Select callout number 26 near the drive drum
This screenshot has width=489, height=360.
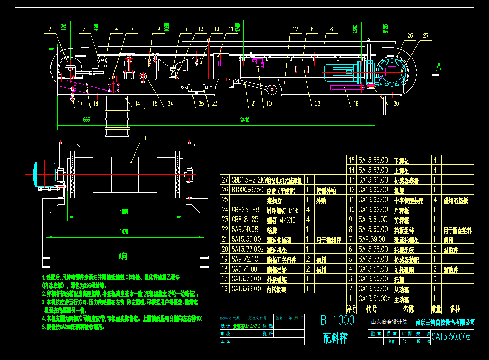pyautogui.click(x=410, y=36)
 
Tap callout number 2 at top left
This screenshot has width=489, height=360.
pyautogui.click(x=50, y=29)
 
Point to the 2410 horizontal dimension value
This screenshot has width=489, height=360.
pyautogui.click(x=244, y=120)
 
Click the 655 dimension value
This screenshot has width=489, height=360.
pyautogui.click(x=86, y=120)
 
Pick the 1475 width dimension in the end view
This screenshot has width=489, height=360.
pyautogui.click(x=124, y=231)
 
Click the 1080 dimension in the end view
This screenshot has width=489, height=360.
pyautogui.click(x=124, y=212)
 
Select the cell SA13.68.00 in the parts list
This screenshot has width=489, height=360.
pyautogui.click(x=373, y=160)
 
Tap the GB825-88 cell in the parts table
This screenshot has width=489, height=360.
pyautogui.click(x=246, y=209)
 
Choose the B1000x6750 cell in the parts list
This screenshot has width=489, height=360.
pyautogui.click(x=248, y=189)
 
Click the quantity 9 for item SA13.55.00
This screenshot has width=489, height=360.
pyautogui.click(x=435, y=279)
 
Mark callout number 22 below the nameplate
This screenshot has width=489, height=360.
pyautogui.click(x=318, y=104)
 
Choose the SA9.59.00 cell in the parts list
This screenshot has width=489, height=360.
pyautogui.click(x=373, y=239)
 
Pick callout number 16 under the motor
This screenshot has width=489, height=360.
pyautogui.click(x=356, y=104)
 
